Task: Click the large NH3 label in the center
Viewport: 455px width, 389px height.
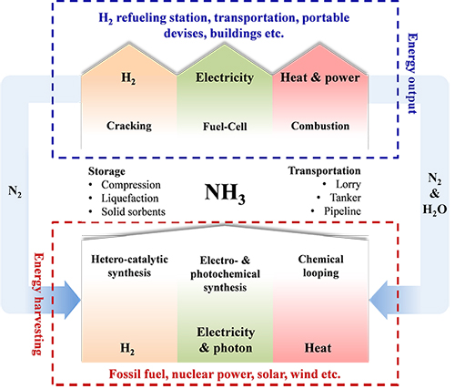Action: point(225,193)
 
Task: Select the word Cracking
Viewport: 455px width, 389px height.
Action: point(129,126)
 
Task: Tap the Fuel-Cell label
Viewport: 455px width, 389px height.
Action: point(225,127)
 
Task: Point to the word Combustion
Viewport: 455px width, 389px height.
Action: point(320,126)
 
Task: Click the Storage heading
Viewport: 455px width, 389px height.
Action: point(106,171)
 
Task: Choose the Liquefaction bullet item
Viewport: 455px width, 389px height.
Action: point(129,199)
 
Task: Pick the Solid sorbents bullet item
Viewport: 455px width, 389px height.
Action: point(133,211)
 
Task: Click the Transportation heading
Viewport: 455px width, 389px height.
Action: point(324,170)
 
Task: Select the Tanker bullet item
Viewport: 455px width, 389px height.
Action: point(345,198)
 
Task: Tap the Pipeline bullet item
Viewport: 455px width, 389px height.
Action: point(342,211)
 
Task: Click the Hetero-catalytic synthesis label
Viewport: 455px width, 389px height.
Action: point(129,266)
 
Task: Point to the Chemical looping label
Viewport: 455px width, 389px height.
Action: point(320,266)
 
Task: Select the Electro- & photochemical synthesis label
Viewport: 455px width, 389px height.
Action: point(225,274)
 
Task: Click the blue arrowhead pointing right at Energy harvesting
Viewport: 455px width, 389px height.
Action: point(72,300)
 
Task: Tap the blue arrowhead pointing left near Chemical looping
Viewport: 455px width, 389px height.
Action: point(379,300)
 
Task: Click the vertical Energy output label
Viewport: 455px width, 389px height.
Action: point(412,74)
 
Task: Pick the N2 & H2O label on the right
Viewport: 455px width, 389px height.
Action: point(435,194)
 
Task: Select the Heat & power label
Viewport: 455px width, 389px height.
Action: point(320,77)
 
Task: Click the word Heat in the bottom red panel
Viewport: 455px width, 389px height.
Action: point(318,348)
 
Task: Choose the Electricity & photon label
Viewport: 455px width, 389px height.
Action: point(226,340)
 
